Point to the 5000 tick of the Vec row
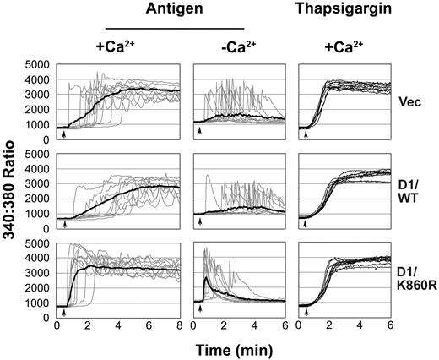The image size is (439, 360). click(x=38, y=64)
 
